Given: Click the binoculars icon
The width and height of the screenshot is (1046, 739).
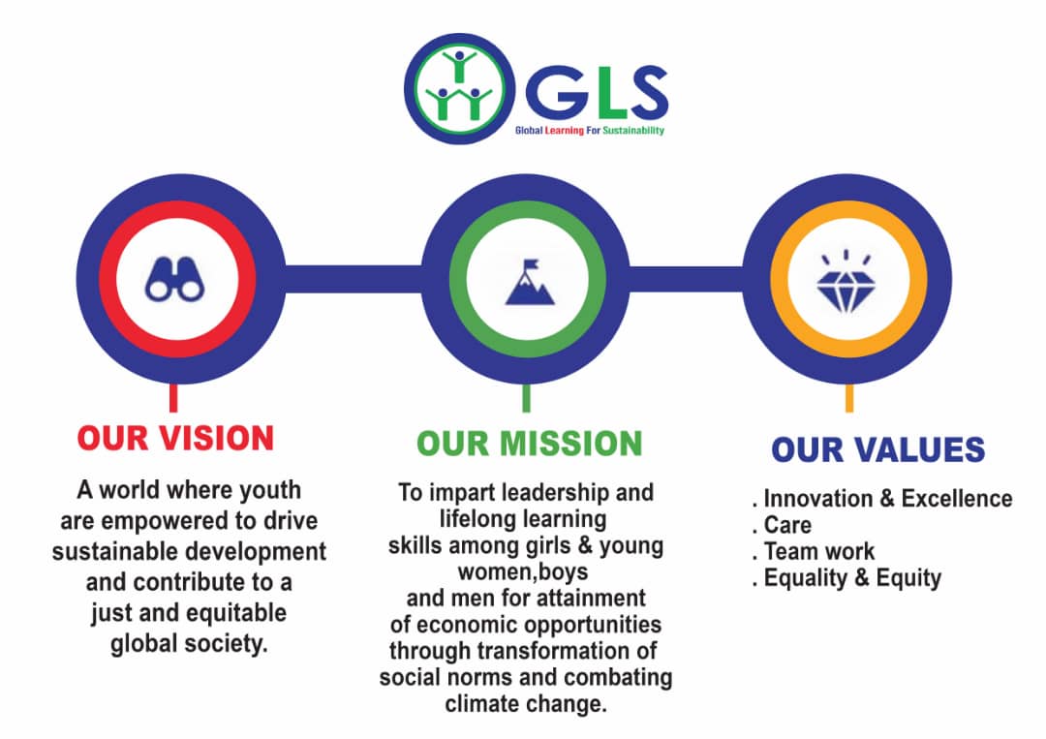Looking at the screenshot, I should coord(175,280).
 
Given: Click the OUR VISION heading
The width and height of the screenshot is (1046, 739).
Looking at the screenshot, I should coord(175,438).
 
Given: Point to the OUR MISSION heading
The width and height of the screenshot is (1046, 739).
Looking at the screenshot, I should coord(530,443).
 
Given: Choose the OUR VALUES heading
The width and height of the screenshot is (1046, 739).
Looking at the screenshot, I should coord(877,449).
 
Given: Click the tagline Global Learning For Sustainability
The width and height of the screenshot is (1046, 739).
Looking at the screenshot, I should coord(589,130).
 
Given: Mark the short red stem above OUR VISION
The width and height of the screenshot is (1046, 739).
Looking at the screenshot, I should coord(173,397).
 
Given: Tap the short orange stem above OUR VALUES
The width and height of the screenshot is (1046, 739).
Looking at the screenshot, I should coord(849,397).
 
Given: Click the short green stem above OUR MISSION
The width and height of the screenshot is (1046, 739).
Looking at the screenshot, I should coord(526,397).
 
